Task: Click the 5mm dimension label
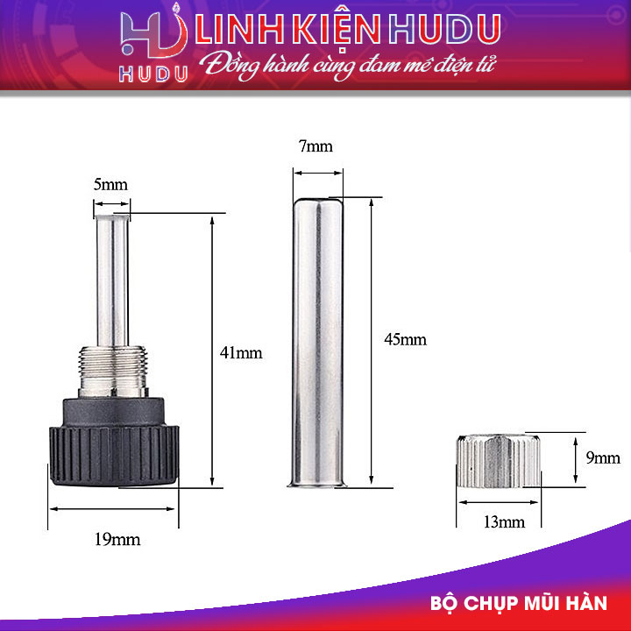[x=110, y=185]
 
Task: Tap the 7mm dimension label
[x=315, y=146]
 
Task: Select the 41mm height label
[x=241, y=352]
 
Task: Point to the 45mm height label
[x=405, y=339]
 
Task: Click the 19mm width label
[x=117, y=539]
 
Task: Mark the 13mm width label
[x=503, y=522]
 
